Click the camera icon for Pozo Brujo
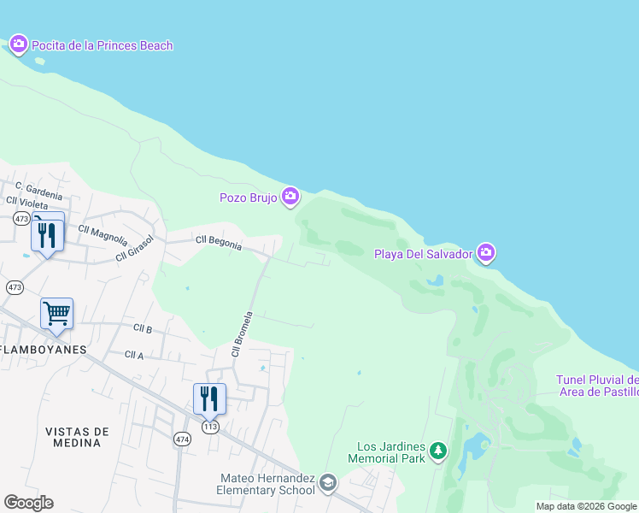290,198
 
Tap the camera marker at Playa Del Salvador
486,252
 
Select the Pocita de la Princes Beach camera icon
19,44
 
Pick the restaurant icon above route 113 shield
209,398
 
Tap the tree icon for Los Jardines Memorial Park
438,451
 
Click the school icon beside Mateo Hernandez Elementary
327,485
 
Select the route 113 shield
211,426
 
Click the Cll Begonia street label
219,244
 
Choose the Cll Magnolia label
103,234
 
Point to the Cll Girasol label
136,249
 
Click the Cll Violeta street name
28,202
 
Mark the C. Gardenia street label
38,189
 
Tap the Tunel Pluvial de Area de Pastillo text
597,386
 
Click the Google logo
28,503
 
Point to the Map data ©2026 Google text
585,506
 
